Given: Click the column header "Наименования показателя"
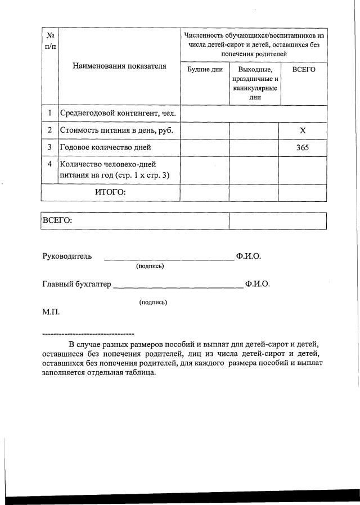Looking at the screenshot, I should tap(119, 66).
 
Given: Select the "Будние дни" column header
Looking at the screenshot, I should tap(205, 70).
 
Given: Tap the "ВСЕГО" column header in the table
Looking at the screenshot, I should tap(304, 69).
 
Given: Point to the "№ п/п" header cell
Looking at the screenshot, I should tap(49, 40).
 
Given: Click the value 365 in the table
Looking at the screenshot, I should tap(303, 147).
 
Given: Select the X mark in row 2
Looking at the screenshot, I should tap(303, 130).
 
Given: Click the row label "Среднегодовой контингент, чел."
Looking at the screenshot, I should tap(118, 114).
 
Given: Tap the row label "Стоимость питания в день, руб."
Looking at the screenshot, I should tap(116, 130).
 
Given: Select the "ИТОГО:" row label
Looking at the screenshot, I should tap(110, 192).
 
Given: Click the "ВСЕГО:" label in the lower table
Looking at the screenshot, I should tap(57, 220).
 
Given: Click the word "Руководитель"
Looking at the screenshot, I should tap(67, 256).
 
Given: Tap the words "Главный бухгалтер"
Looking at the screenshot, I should tap(77, 284).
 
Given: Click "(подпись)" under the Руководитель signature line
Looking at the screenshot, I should tap(150, 266).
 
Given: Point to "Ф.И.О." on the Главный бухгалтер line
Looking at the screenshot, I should tap(258, 284).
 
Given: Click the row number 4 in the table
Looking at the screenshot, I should tap(49, 164).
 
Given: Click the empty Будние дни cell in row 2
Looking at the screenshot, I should tap(205, 130).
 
